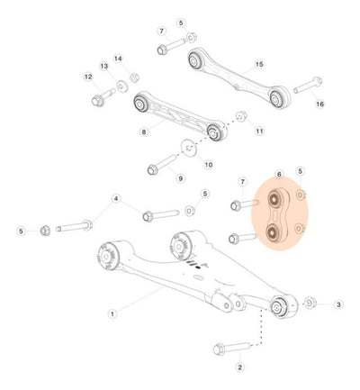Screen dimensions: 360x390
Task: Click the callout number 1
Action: coord(112,314)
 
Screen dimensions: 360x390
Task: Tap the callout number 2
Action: coord(240,367)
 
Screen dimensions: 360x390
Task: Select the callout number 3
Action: coord(338,304)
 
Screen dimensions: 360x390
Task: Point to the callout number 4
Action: coord(116,198)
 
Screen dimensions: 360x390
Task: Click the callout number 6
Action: coord(279,175)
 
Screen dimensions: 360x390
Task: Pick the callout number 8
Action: coord(144,132)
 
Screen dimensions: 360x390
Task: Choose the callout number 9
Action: coord(180,178)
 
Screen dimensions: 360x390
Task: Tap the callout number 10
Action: coord(209,165)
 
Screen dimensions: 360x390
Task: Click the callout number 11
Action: coord(259,132)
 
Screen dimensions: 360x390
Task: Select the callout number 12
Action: coord(88,77)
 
